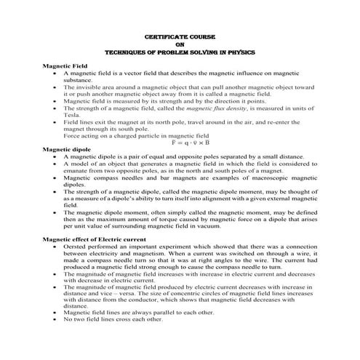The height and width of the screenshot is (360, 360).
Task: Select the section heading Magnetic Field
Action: point(65,66)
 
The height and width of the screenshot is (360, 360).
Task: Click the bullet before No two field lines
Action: point(55,340)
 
